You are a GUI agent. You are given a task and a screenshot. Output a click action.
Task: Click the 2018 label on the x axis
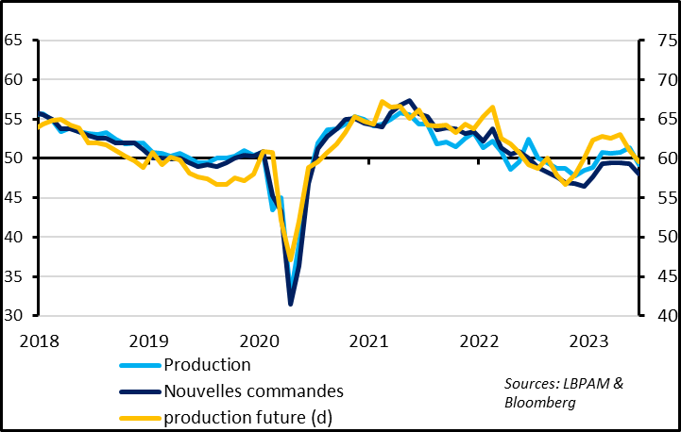pyautogui.click(x=37, y=341)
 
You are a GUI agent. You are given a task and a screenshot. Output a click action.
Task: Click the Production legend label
pyautogui.click(x=208, y=365)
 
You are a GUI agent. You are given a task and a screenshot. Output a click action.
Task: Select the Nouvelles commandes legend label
pyautogui.click(x=253, y=390)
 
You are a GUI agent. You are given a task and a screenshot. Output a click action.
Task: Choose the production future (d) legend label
pyautogui.click(x=247, y=416)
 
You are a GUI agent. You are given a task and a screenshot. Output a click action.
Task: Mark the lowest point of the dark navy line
pyautogui.click(x=291, y=303)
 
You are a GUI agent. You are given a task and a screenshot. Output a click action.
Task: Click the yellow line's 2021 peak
pyautogui.click(x=382, y=102)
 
